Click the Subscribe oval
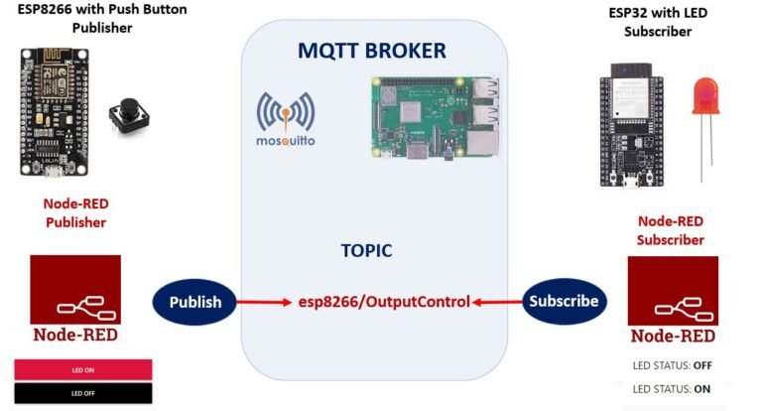(564, 301)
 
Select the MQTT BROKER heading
(373, 51)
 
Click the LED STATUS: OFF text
(672, 365)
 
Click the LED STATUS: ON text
(671, 388)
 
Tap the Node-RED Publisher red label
(75, 212)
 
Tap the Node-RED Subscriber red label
(671, 230)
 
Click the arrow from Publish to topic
(266, 301)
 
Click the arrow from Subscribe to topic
(496, 301)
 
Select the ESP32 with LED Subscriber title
(657, 22)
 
